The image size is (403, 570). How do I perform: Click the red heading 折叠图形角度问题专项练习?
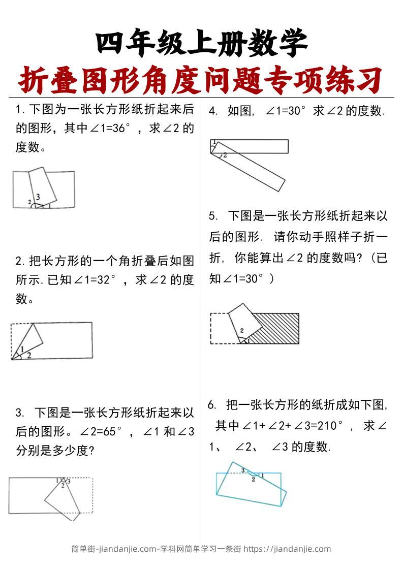tap(201, 80)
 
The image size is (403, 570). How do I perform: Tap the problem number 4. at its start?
tap(213, 111)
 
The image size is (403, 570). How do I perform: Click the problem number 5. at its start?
tap(213, 216)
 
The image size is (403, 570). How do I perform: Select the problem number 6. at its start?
tap(212, 405)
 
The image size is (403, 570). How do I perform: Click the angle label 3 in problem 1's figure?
tap(38, 197)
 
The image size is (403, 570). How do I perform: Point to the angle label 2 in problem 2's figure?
tap(28, 355)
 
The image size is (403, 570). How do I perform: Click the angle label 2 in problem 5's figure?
tap(242, 331)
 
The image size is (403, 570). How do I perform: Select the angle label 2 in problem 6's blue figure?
tap(253, 479)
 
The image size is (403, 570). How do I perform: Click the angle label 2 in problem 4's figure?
tap(225, 154)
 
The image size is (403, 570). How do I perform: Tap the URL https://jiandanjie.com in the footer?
tap(287, 549)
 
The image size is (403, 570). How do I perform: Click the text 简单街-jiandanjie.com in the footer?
tap(114, 549)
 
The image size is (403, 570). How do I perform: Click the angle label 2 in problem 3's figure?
tap(63, 486)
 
